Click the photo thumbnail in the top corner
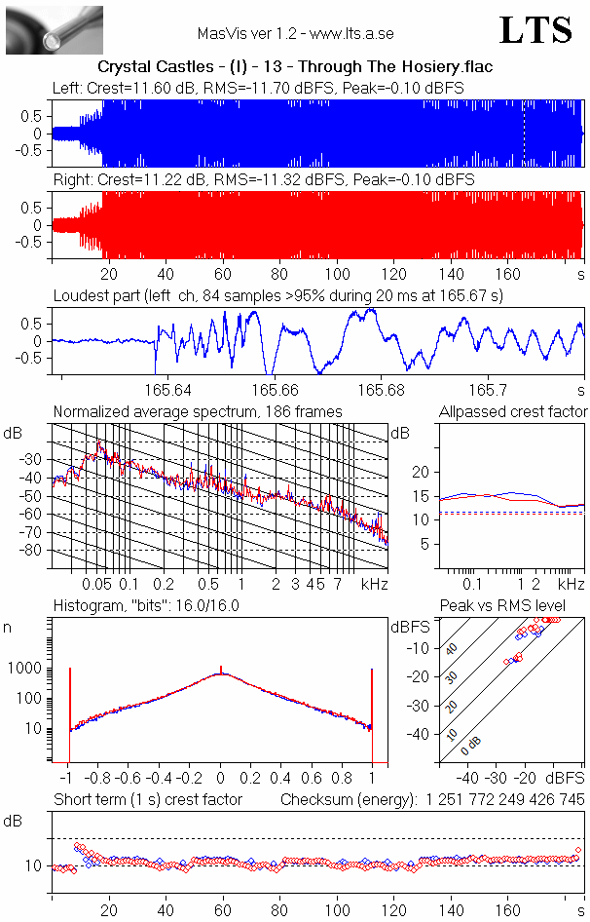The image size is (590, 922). [x=55, y=30]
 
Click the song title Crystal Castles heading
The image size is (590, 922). [x=295, y=67]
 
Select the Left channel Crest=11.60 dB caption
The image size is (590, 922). [x=258, y=88]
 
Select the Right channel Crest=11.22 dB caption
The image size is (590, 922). [x=263, y=180]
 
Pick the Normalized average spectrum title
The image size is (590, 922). [x=198, y=411]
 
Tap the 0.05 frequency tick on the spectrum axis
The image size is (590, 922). [x=97, y=584]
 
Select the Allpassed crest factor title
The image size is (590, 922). [x=513, y=411]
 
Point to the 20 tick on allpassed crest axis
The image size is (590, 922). [x=421, y=472]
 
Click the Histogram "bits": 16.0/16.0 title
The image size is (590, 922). [x=146, y=605]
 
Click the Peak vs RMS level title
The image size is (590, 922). [x=512, y=606]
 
